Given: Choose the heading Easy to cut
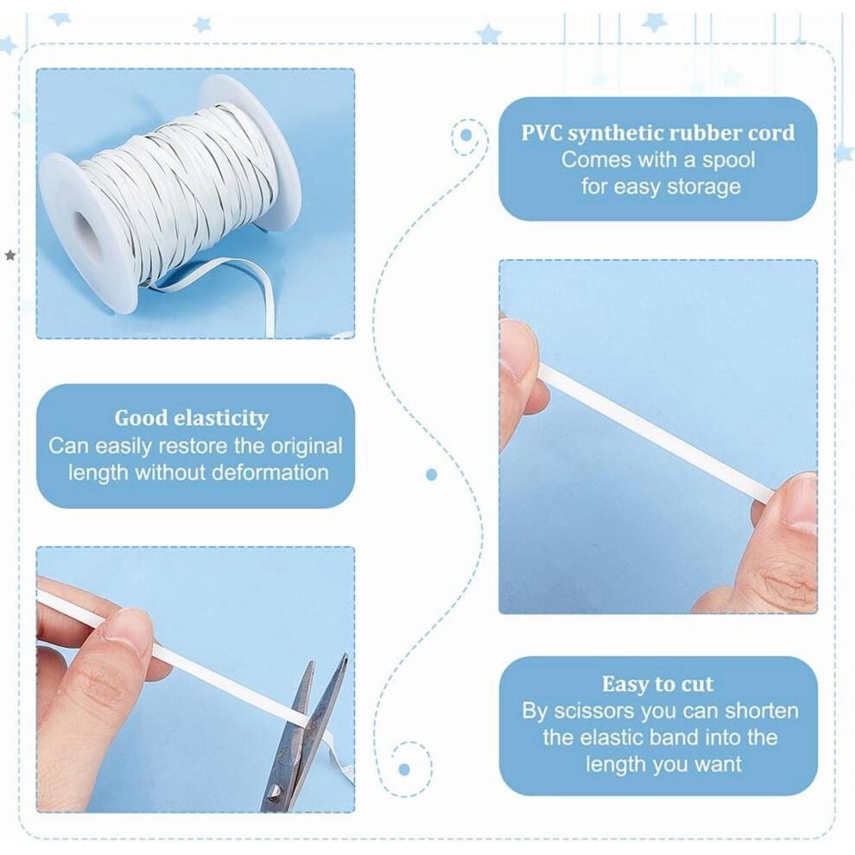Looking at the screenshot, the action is pos(657,684).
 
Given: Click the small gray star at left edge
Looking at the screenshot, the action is pos(9,255).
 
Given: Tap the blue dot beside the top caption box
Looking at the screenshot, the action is pos(465,135).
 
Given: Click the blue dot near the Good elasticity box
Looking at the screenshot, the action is pos(431,475).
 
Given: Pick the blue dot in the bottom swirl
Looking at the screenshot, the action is pos(404,769).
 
